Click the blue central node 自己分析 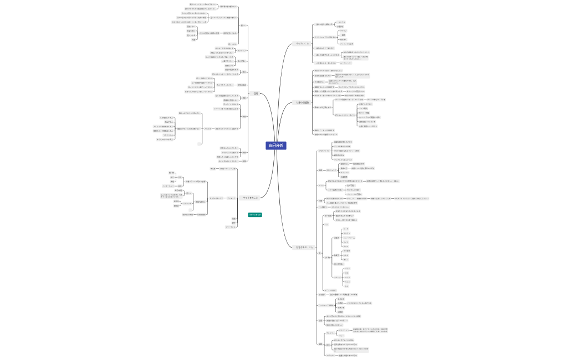coord(275,146)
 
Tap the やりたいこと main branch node coord(303,43)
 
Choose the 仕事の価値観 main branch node coord(302,102)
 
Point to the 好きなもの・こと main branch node coord(303,247)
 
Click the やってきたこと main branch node coord(251,198)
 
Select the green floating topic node coord(255,214)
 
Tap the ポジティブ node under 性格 coord(242,50)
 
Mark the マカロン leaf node coord(346,233)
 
